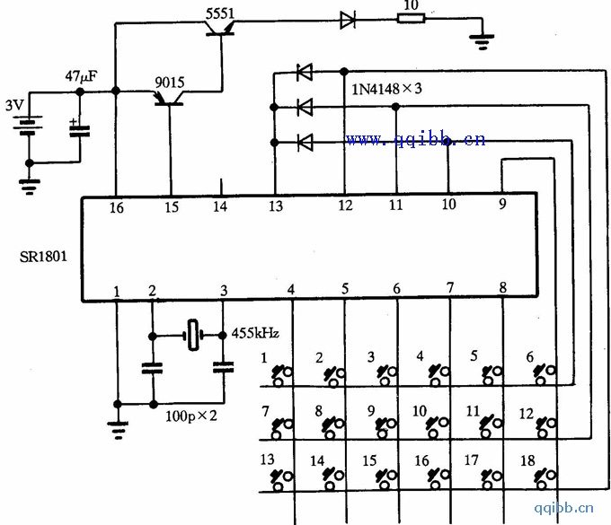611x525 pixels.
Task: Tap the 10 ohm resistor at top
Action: pos(411,20)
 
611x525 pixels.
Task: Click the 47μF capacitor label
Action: pos(81,75)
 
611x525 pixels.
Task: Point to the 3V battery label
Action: pos(14,104)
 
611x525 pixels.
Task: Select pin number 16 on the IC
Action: pos(117,207)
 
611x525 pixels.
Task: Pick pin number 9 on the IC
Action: pos(502,204)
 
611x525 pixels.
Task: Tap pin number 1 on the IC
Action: pos(116,291)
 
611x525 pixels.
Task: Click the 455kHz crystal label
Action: pos(256,333)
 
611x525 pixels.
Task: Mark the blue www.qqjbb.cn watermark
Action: pos(415,139)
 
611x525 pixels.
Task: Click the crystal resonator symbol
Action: pos(193,334)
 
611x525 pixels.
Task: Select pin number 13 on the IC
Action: pos(275,207)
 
